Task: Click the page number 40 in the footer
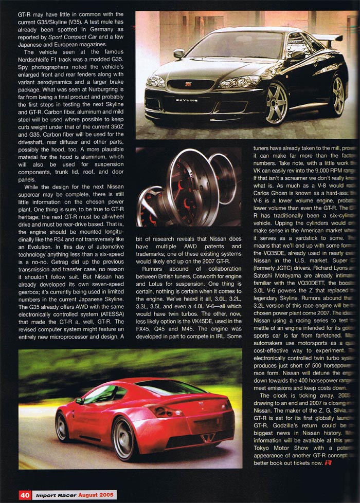coord(25,495)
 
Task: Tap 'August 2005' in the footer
coord(96,495)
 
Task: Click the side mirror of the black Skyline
coord(179,53)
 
